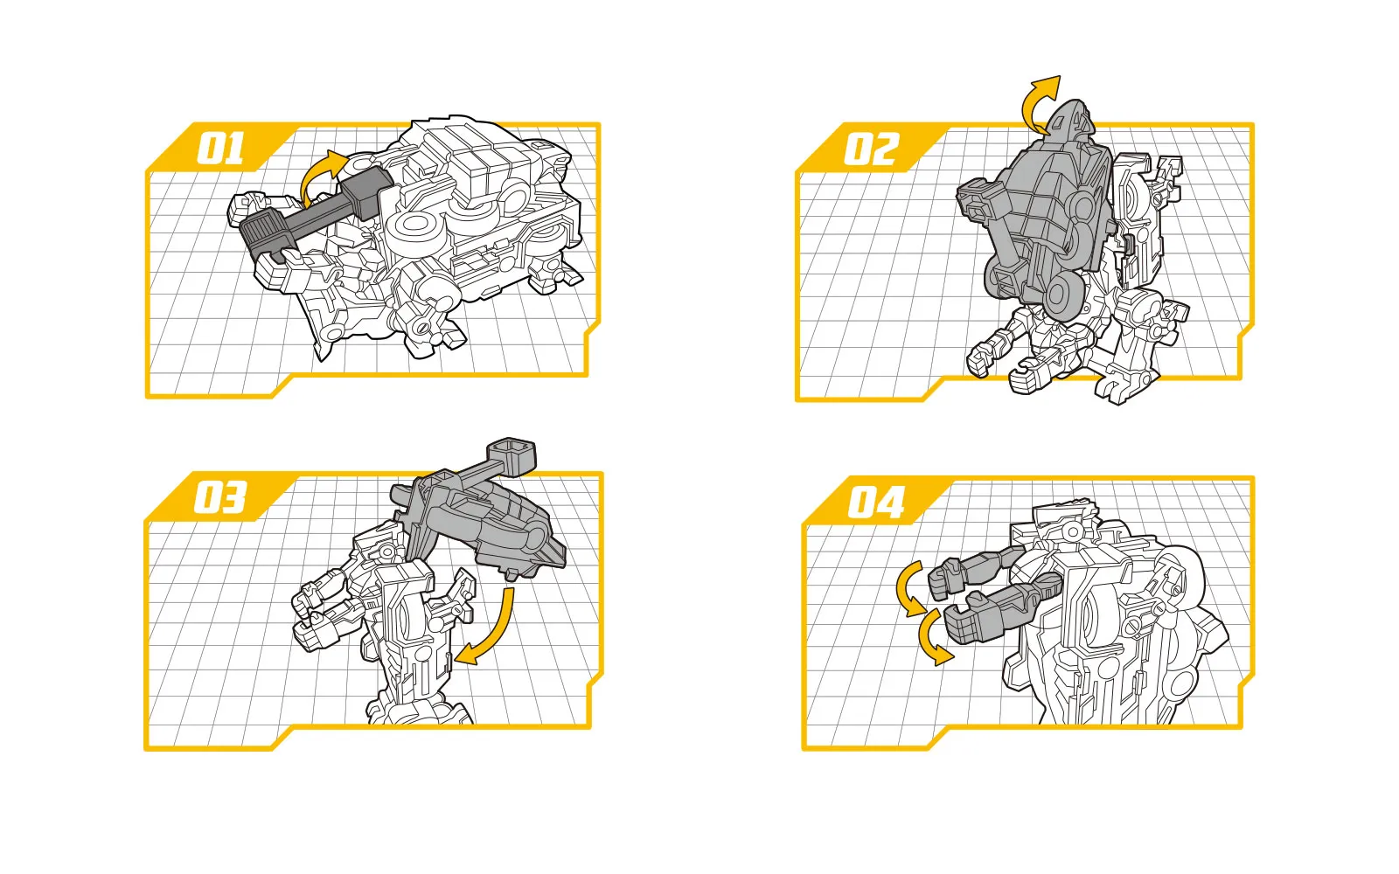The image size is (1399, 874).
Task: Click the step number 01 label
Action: pos(219,149)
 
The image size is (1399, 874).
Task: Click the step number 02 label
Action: pos(871,149)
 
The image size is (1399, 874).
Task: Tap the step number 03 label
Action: pos(219,497)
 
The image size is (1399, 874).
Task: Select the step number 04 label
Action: pos(875,502)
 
